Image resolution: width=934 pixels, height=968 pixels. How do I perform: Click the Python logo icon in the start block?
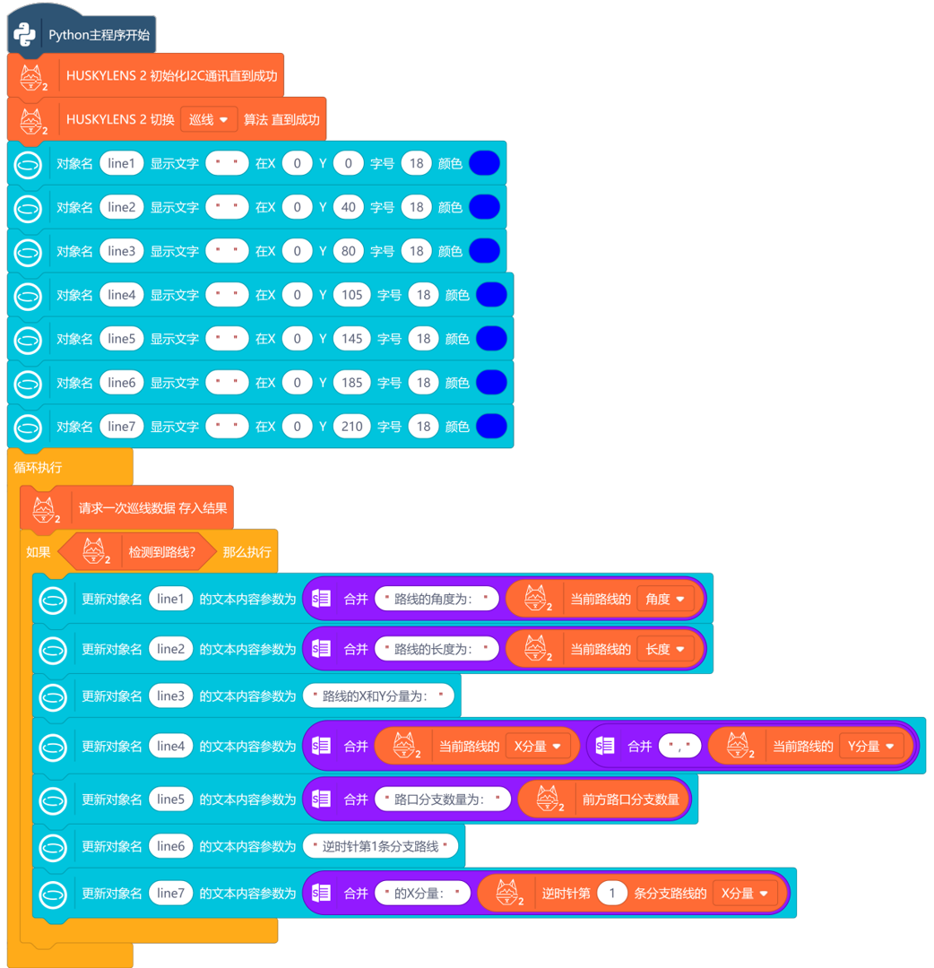pyautogui.click(x=24, y=34)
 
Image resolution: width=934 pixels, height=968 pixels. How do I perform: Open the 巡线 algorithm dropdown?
pyautogui.click(x=208, y=119)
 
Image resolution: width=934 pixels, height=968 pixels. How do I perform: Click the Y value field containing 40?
pyautogui.click(x=348, y=207)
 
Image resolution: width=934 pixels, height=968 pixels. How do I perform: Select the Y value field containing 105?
pyautogui.click(x=351, y=295)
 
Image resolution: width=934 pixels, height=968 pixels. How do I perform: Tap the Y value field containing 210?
pyautogui.click(x=351, y=427)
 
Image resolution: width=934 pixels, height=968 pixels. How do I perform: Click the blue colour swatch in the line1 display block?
pyautogui.click(x=484, y=163)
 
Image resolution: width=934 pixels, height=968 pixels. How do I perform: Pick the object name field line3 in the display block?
pyautogui.click(x=121, y=251)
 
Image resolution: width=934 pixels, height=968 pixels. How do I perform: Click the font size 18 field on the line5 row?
pyautogui.click(x=423, y=339)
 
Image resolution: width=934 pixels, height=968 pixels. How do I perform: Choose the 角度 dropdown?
pyautogui.click(x=665, y=599)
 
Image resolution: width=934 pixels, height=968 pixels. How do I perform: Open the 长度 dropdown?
pyautogui.click(x=665, y=649)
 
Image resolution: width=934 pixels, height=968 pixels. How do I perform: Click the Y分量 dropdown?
pyautogui.click(x=871, y=746)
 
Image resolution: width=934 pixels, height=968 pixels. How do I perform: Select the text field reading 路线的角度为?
pyautogui.click(x=436, y=599)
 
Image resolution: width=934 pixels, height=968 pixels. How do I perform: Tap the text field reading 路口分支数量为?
pyautogui.click(x=442, y=799)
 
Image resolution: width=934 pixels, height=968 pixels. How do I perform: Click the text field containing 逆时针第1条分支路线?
pyautogui.click(x=381, y=846)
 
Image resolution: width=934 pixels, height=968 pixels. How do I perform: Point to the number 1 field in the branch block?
pyautogui.click(x=612, y=894)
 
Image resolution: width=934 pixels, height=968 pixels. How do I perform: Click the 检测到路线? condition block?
pyautogui.click(x=161, y=552)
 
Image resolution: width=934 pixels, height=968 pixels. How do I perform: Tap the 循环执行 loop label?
pyautogui.click(x=38, y=468)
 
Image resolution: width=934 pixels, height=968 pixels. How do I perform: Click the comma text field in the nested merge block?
pyautogui.click(x=679, y=746)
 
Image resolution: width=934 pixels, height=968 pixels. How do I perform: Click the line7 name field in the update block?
pyautogui.click(x=169, y=894)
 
